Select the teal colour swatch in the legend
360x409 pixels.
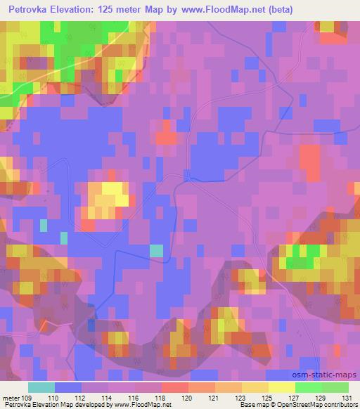tap(41, 387)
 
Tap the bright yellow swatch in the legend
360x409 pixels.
tap(281, 387)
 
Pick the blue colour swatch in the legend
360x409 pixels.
tap(68, 387)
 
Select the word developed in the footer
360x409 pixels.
tap(96, 405)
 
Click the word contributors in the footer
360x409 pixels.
tap(340, 405)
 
